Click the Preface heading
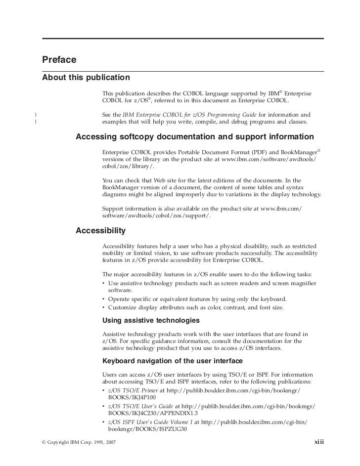coord(59,60)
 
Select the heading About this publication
coord(86,78)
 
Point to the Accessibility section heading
coord(100,231)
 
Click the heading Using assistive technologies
coord(150,320)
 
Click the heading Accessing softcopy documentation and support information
coord(194,137)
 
